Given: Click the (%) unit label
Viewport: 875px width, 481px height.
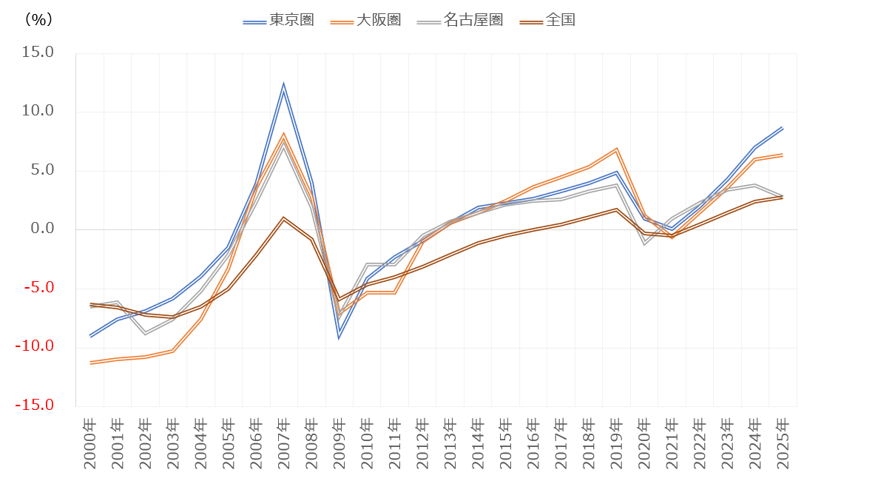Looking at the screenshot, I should pyautogui.click(x=38, y=20).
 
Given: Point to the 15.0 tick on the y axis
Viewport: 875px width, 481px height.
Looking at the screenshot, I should pyautogui.click(x=38, y=53).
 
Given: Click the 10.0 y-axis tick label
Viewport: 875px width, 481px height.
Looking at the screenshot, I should pyautogui.click(x=38, y=111).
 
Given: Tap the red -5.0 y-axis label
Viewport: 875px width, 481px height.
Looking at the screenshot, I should pyautogui.click(x=38, y=287).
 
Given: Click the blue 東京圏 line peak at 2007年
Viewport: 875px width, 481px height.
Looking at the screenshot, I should pyautogui.click(x=283, y=87).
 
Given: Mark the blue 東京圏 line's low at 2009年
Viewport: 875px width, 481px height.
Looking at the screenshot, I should pyautogui.click(x=339, y=336).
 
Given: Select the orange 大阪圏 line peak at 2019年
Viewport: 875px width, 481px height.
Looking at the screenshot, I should pyautogui.click(x=616, y=149).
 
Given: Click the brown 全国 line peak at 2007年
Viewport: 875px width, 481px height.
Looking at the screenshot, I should pyautogui.click(x=283, y=218).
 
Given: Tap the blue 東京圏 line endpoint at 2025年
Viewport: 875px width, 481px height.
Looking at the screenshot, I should pyautogui.click(x=783, y=128).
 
